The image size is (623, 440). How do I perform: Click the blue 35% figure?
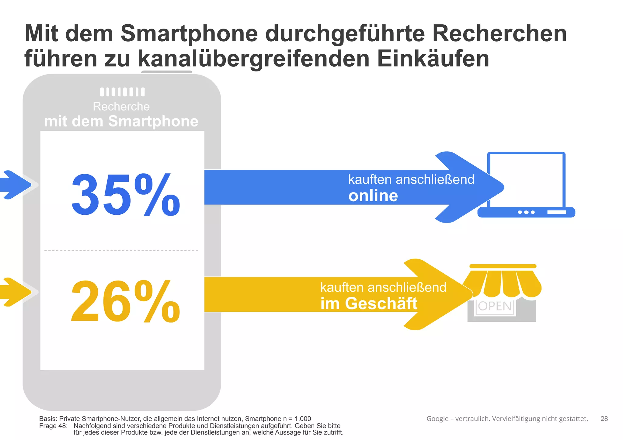point(125,195)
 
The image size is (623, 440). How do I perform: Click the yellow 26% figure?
point(125,301)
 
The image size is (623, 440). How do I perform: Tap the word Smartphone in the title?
point(189,33)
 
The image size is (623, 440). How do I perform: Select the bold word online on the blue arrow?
point(373,196)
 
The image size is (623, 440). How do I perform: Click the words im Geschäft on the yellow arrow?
point(369,304)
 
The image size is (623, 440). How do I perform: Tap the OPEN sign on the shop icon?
point(495,306)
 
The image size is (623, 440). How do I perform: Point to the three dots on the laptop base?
point(526,212)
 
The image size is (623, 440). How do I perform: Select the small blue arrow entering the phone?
point(15,185)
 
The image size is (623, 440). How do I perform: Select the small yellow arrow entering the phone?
point(15,292)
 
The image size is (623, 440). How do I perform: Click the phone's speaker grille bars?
point(122,92)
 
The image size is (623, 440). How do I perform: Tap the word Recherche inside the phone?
point(121,107)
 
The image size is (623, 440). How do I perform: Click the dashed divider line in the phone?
point(121,250)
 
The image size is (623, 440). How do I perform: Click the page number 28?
point(604,419)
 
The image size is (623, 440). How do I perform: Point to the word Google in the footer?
point(437,419)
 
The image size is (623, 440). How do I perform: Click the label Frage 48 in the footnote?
point(53,426)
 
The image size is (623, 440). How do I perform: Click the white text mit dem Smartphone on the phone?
point(121,121)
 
